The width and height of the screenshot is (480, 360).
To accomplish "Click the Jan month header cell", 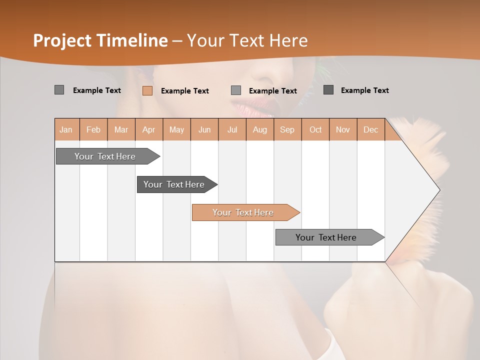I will tap(66, 129).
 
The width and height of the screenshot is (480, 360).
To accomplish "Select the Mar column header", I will tap(121, 129).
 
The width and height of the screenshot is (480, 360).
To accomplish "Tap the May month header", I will tap(176, 129).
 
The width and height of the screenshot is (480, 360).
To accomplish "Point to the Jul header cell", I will tap(232, 129).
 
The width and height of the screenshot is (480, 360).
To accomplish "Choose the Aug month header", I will tap(259, 129).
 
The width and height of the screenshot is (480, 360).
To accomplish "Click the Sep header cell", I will tap(287, 129).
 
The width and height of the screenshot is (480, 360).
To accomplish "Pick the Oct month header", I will tap(315, 129).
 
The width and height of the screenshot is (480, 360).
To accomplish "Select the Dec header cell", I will tap(370, 129).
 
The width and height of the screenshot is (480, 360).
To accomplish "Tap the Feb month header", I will tap(93, 129).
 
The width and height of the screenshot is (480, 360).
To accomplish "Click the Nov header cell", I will tap(342, 129).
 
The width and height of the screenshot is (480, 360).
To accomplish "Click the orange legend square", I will tap(147, 90).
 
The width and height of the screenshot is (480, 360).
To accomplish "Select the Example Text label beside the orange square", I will tap(184, 91).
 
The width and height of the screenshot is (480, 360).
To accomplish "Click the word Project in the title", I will tap(61, 40).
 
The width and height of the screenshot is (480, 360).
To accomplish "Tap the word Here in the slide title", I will tap(288, 40).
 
